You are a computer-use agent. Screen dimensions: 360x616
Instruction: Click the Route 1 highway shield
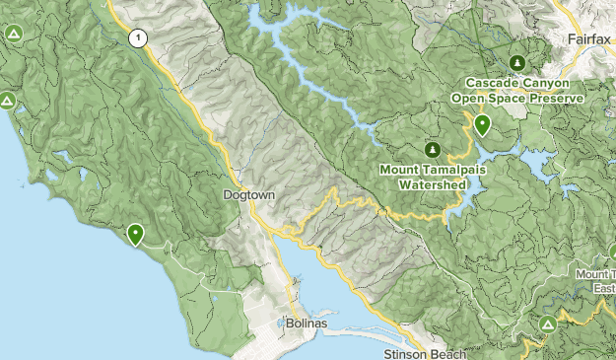click(138, 38)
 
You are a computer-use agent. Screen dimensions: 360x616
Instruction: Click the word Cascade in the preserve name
click(490, 83)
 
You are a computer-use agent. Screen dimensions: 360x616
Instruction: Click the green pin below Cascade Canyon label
click(482, 125)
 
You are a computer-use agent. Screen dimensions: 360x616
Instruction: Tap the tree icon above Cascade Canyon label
click(517, 61)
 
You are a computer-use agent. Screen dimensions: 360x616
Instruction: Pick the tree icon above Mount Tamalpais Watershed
click(432, 149)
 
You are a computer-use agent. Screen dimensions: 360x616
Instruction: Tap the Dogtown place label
click(247, 195)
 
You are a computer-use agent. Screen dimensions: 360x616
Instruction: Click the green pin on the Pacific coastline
click(134, 233)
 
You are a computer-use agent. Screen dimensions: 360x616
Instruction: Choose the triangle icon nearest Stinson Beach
click(549, 324)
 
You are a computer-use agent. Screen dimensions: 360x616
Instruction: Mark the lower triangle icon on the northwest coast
click(6, 101)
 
